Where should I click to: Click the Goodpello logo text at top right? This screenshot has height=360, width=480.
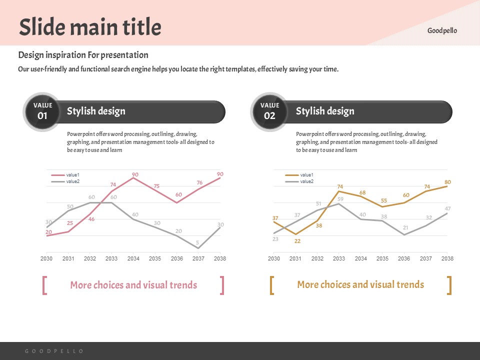(x=442, y=30)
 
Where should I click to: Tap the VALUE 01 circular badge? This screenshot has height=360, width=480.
(x=42, y=111)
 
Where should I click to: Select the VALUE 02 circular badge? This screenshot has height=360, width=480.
(x=269, y=111)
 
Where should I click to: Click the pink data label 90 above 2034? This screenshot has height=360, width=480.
(x=135, y=174)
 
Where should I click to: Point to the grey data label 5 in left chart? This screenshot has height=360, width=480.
(x=197, y=242)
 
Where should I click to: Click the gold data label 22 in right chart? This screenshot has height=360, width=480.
(x=297, y=241)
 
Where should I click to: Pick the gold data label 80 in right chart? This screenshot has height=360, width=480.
(x=447, y=182)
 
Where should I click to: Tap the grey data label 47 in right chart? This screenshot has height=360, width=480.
(x=448, y=208)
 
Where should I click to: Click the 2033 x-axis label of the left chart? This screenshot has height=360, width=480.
(x=111, y=258)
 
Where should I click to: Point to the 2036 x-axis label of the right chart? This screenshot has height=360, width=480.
(x=404, y=258)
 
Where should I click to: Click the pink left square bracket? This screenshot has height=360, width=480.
(x=45, y=285)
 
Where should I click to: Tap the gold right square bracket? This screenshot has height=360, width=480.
(x=449, y=285)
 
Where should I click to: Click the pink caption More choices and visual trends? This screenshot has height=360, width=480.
(x=133, y=285)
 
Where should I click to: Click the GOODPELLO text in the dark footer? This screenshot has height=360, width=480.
(x=54, y=351)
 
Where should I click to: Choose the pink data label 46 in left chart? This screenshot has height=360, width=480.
(x=91, y=219)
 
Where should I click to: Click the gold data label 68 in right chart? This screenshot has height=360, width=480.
(x=362, y=192)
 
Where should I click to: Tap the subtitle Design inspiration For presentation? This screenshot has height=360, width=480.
(x=83, y=55)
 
